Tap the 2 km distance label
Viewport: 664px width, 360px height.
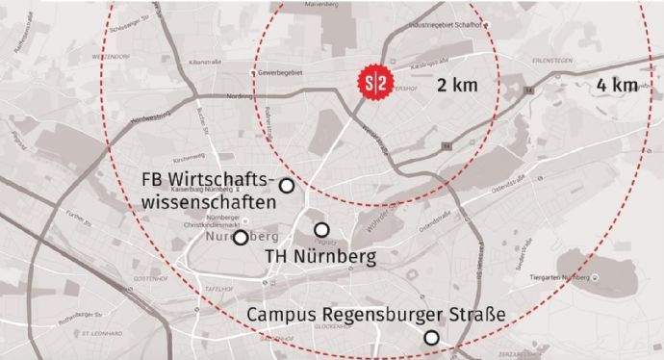pyautogui.click(x=456, y=86)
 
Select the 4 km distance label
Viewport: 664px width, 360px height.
pyautogui.click(x=617, y=85)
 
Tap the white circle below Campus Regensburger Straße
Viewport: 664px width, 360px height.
pyautogui.click(x=432, y=337)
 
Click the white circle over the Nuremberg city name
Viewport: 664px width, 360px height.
pyautogui.click(x=240, y=238)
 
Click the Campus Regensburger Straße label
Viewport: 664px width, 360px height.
pyautogui.click(x=376, y=315)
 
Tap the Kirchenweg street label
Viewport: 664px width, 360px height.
pyautogui.click(x=185, y=152)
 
